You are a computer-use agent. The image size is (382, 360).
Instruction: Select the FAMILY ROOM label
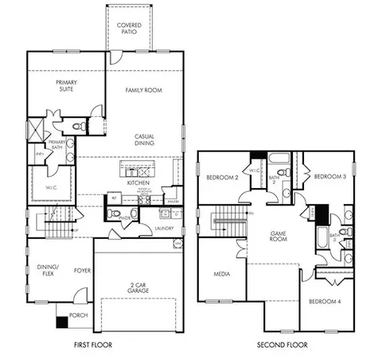click(144, 91)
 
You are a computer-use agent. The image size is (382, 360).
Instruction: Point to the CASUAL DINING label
click(144, 139)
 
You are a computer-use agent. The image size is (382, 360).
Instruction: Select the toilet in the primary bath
click(79, 126)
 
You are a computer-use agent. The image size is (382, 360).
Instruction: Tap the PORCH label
click(79, 315)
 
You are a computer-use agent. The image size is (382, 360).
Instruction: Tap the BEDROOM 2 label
click(222, 177)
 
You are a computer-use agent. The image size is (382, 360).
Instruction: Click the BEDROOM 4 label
click(325, 301)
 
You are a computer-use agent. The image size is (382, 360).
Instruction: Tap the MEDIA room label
click(222, 274)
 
